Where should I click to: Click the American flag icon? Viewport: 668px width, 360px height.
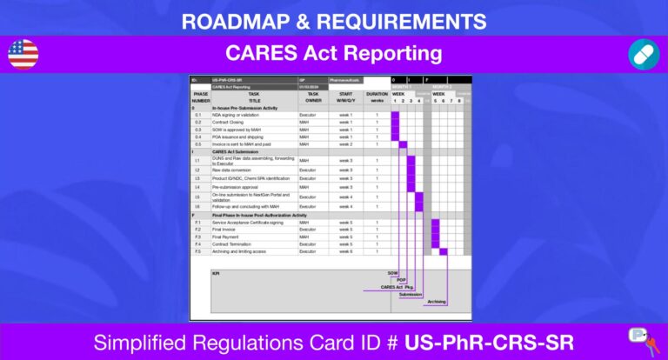[23, 54]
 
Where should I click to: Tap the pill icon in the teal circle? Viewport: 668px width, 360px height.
[644, 54]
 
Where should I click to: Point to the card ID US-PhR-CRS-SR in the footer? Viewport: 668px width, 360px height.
[494, 340]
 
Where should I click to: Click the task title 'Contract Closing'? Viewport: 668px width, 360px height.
[228, 122]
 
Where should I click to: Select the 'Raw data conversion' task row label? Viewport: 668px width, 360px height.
[231, 170]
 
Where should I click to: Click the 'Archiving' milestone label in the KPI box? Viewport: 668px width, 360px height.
[437, 301]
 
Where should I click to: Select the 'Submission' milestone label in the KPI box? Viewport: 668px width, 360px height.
[411, 294]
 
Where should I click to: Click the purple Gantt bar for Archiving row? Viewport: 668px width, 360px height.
[443, 251]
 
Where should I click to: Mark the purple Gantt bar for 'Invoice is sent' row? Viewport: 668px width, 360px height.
[403, 143]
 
